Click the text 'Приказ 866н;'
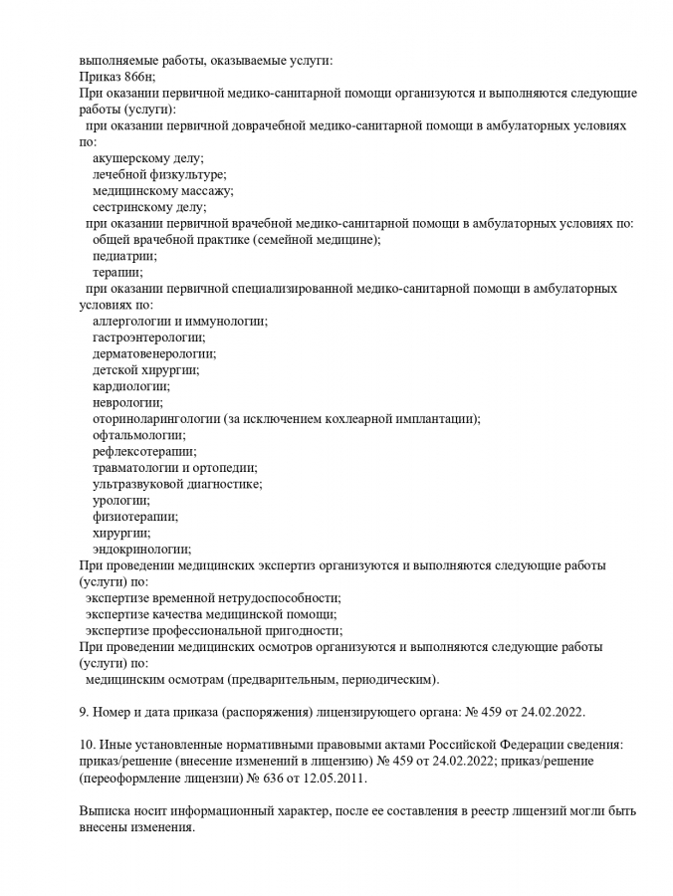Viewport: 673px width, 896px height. [x=118, y=77]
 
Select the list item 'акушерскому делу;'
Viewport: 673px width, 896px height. [x=147, y=158]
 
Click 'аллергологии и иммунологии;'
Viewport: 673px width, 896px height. [x=180, y=321]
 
